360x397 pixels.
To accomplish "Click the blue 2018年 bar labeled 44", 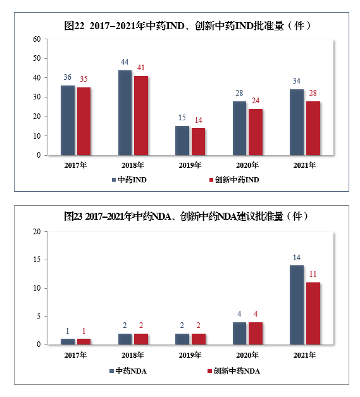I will point(125,113).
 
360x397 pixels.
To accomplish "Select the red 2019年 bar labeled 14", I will point(199,141).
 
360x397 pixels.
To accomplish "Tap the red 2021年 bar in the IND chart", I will point(313,128).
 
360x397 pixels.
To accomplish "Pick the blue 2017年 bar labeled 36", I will point(68,120).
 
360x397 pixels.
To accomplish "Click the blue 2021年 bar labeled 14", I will point(296,305).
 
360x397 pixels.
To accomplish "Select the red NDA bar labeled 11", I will point(313,313).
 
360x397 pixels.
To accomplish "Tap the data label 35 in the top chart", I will point(84,79).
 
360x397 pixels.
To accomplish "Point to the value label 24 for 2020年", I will point(256,100).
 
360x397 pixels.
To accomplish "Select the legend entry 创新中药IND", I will point(234,179).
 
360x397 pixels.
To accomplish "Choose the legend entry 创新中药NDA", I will point(234,370).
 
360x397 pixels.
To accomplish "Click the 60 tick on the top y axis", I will point(37,39).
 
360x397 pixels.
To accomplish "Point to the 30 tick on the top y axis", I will point(37,97).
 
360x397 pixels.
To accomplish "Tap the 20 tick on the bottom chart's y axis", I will point(37,232).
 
